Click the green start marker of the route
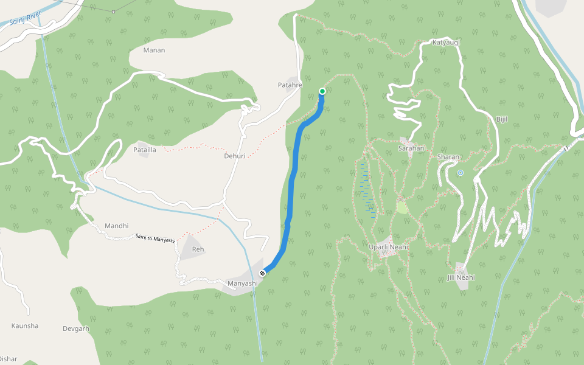tap(322, 91)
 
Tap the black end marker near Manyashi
tap(263, 273)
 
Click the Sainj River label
tap(24, 16)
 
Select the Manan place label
tap(154, 50)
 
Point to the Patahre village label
tap(290, 85)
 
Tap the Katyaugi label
tap(446, 43)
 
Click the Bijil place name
tap(502, 119)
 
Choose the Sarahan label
tap(411, 148)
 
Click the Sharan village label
tap(448, 156)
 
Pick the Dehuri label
tap(234, 156)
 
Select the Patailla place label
tap(145, 149)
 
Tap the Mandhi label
tap(117, 226)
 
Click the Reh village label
tap(198, 249)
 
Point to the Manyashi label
tap(242, 283)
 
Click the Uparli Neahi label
tap(388, 247)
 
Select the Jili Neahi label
tap(461, 277)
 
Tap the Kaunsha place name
tap(24, 325)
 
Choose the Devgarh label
tap(76, 328)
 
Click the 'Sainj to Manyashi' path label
tap(155, 238)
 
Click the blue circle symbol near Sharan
tap(461, 173)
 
